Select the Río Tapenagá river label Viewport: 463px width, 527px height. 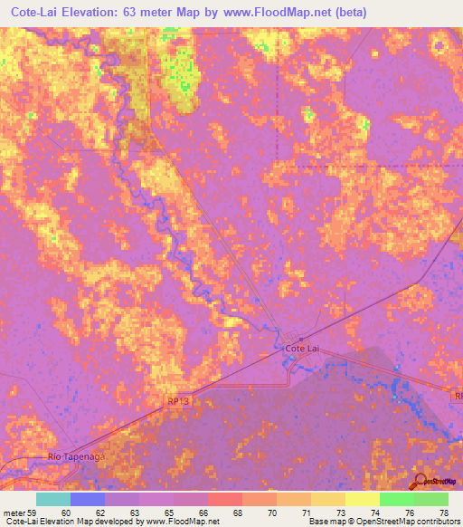pos(77,459)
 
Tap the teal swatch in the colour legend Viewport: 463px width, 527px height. pos(53,499)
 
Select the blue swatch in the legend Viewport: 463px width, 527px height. pos(88,499)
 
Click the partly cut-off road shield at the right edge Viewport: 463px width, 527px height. pos(458,396)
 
